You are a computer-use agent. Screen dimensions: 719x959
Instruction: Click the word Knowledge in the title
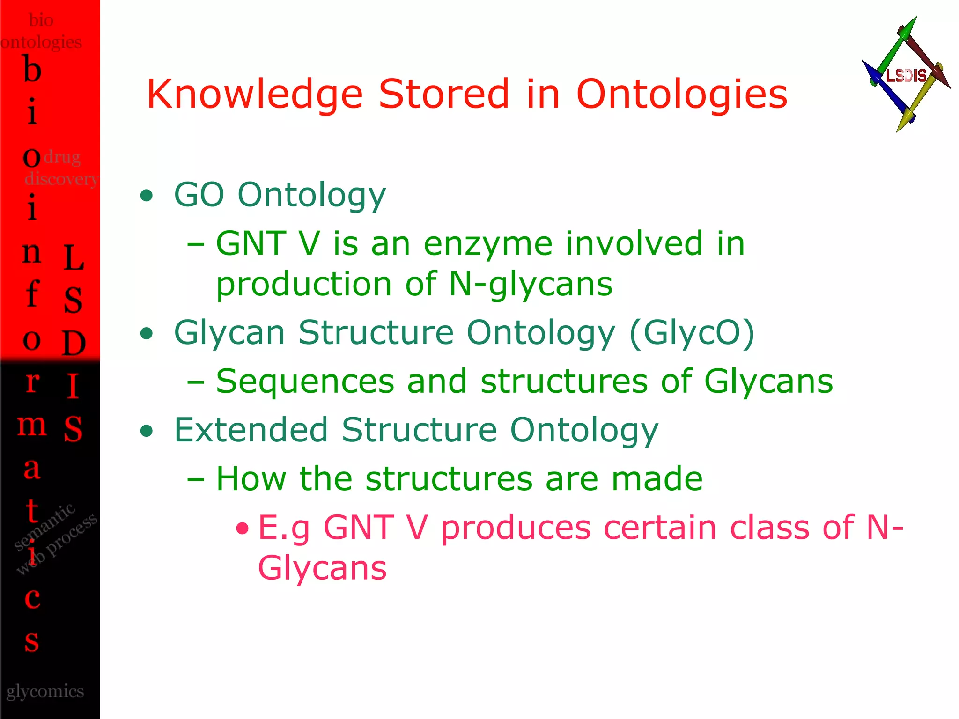254,95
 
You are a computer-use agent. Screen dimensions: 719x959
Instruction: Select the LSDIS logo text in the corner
907,75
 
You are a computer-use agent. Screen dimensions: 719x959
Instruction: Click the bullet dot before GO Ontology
147,196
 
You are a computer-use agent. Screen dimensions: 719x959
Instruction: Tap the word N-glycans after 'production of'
530,284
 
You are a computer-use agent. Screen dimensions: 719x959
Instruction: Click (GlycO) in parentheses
692,333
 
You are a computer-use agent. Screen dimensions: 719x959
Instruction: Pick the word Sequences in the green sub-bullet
305,382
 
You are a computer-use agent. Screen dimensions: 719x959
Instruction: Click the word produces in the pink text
516,528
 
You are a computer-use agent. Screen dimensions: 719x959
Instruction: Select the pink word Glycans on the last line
322,568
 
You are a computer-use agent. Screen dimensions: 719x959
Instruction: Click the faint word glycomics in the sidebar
45,691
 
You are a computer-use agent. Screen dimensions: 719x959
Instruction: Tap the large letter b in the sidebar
32,70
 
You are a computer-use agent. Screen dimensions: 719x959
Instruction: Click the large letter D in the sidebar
74,343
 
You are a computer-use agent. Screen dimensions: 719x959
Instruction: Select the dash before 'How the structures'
195,480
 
